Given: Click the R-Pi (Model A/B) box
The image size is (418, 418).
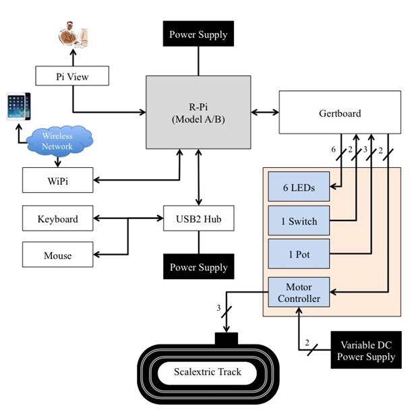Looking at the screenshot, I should click(198, 112).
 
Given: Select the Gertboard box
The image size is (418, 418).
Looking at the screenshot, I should click(339, 113).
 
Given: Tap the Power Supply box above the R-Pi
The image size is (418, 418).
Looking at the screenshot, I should click(198, 34).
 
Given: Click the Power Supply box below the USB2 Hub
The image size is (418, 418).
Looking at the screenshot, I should click(198, 267).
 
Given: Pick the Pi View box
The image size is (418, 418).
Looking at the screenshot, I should click(71, 76).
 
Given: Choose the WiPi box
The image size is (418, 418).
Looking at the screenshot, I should click(58, 181).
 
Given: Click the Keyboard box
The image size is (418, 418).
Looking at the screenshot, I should click(58, 219).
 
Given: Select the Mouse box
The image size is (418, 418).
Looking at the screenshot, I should click(58, 256).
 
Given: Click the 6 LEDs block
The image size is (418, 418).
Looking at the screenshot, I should click(299, 187).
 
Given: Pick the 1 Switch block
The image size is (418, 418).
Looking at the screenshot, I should click(299, 221).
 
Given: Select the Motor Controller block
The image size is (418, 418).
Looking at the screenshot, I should click(299, 292).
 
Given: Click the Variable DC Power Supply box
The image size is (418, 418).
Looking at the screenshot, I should click(366, 350).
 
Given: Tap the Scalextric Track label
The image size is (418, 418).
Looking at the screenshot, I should click(207, 372).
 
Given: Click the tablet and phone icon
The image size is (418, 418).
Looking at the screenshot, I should click(18, 107).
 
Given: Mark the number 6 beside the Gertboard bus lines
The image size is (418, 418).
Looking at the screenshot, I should click(333, 150).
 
